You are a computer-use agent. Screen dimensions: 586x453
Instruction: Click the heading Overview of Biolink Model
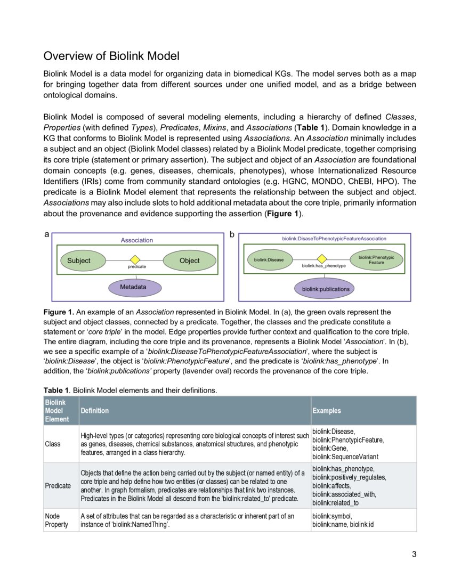click(111, 56)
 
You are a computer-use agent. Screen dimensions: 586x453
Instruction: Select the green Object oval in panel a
click(189, 261)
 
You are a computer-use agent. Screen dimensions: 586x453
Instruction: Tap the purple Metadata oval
click(133, 287)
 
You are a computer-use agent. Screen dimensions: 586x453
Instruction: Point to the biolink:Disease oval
click(269, 260)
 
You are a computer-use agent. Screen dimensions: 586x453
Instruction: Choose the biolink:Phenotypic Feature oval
click(376, 260)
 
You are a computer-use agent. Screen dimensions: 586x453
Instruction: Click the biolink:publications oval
click(326, 289)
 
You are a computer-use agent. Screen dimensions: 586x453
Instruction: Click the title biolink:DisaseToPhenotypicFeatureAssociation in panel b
click(334, 239)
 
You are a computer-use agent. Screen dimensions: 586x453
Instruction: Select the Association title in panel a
click(136, 240)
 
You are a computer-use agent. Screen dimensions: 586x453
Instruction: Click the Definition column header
click(94, 411)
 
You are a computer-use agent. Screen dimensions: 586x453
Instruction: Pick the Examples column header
click(326, 411)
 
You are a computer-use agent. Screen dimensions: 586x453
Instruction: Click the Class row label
click(53, 444)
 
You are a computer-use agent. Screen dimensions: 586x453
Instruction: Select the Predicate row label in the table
click(57, 485)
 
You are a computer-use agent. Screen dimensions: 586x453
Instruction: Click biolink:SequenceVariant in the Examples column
click(345, 457)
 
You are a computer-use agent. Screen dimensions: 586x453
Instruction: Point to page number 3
click(414, 554)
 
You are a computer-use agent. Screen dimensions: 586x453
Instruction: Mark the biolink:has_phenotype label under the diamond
click(324, 265)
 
